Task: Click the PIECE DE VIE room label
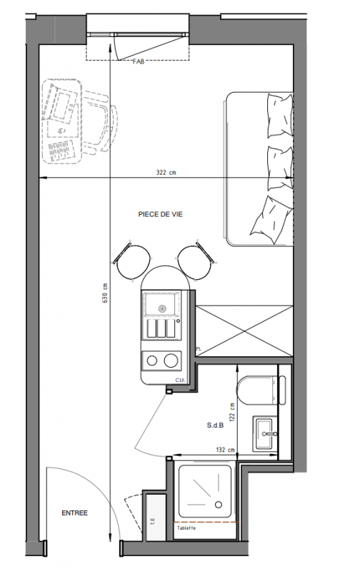click(x=160, y=214)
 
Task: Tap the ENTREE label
click(x=75, y=512)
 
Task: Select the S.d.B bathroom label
click(x=215, y=425)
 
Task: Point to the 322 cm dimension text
click(x=166, y=172)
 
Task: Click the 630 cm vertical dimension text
click(x=105, y=293)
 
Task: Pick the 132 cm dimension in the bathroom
click(x=225, y=450)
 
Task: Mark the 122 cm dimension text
click(x=232, y=412)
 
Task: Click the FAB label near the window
click(x=139, y=61)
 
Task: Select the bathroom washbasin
click(x=265, y=433)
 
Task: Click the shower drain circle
click(x=219, y=505)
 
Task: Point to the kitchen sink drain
click(x=162, y=308)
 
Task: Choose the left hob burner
click(x=152, y=361)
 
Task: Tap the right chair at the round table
click(x=196, y=261)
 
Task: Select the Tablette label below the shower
click(x=186, y=527)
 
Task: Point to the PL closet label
click(x=199, y=348)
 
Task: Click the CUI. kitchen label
click(x=180, y=380)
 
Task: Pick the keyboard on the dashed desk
click(x=59, y=151)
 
